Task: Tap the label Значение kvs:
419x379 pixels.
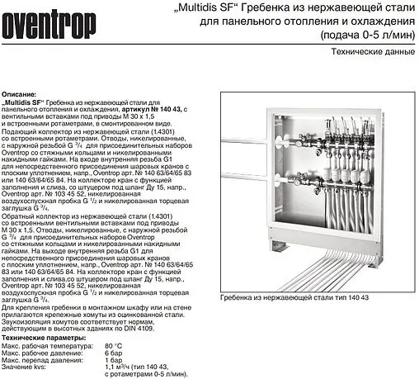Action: pyautogui.click(x=26, y=368)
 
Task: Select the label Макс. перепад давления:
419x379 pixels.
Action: pyautogui.click(x=41, y=361)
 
